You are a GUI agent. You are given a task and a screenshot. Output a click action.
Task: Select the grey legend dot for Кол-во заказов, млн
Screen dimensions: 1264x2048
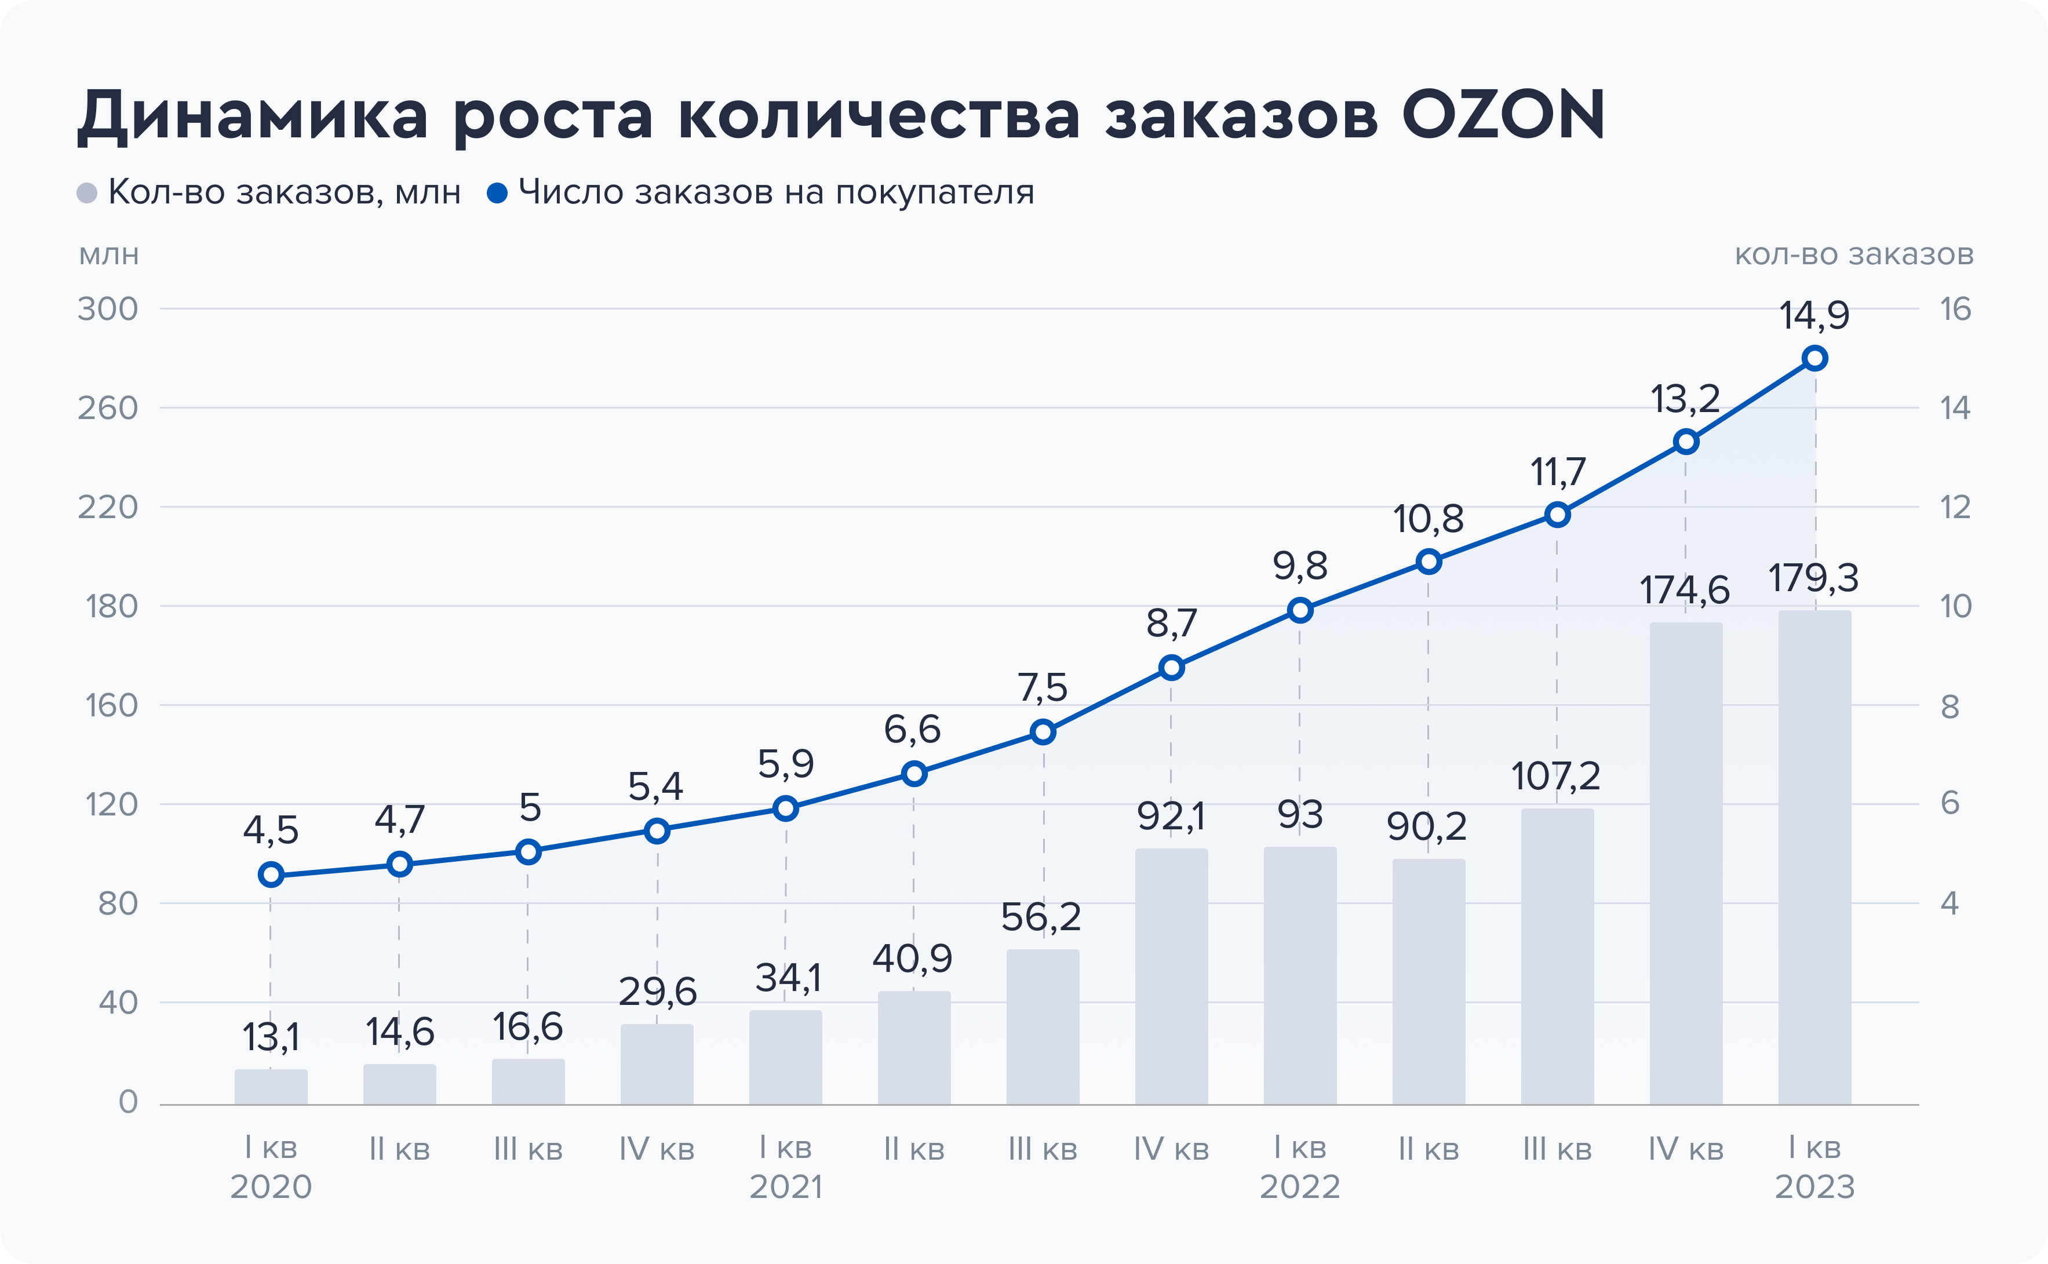[x=87, y=193]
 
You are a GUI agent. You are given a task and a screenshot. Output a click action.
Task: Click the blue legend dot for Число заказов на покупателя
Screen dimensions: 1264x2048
[x=497, y=193]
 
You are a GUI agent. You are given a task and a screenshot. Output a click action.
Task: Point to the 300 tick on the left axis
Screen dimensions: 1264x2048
[x=108, y=309]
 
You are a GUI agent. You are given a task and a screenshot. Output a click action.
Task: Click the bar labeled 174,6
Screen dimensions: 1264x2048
[x=1685, y=863]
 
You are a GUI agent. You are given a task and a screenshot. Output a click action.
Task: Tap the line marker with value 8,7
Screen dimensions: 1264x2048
[x=1171, y=668]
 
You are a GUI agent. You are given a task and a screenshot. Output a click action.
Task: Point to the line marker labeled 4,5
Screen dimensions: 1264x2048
[x=271, y=875]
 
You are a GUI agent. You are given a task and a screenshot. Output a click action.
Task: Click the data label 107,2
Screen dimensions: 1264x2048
[x=1555, y=777]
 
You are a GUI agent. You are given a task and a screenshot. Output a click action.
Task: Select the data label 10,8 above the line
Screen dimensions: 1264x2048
[x=1428, y=520]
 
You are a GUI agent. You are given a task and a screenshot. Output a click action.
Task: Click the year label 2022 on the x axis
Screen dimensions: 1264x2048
[x=1300, y=1187]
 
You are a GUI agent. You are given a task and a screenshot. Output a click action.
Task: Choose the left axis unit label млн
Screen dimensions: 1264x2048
[x=109, y=254]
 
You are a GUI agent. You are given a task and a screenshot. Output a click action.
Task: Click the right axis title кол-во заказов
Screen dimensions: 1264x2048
[x=1854, y=254]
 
